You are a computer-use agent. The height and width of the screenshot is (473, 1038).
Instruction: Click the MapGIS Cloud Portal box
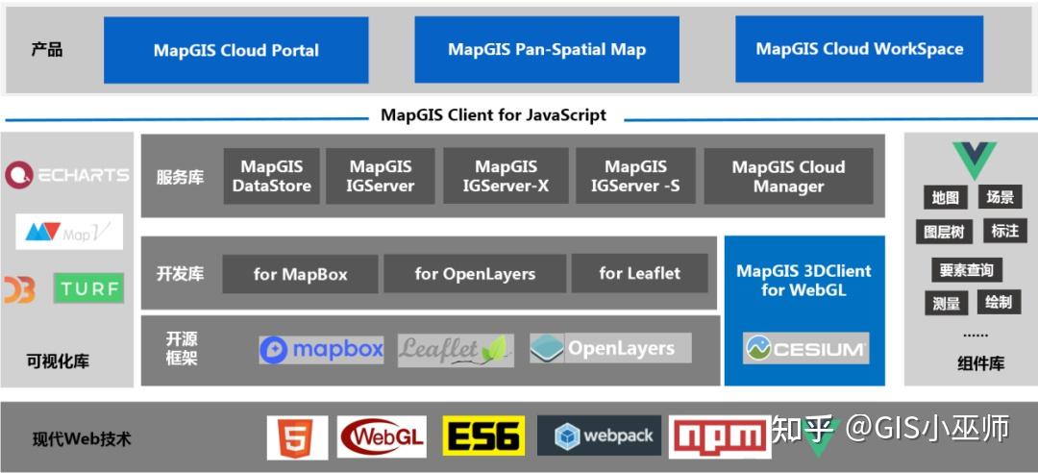coord(235,50)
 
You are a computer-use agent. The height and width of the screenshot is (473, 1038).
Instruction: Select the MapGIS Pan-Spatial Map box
coord(547,50)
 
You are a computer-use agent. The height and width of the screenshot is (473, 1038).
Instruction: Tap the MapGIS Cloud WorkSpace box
coord(859,49)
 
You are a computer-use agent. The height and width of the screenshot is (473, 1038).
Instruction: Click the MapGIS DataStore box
coord(272,176)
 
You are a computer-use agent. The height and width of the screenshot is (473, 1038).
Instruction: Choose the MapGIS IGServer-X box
coord(506,176)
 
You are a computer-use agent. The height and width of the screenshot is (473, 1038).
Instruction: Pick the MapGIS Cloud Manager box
coord(788,176)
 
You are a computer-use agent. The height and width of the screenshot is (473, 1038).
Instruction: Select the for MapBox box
coord(301,274)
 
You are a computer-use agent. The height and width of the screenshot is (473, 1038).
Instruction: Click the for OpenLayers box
coord(475,274)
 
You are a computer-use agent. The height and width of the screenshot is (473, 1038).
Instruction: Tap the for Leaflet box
coord(639,274)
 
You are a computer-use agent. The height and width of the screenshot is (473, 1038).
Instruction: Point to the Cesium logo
coord(805,348)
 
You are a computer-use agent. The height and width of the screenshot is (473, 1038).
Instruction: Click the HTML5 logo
coord(297,437)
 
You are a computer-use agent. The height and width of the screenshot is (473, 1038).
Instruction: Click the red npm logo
coord(720,437)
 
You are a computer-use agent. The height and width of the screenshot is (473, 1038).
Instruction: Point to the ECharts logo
coord(66,174)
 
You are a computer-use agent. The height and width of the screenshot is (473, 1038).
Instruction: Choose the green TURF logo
coord(88,287)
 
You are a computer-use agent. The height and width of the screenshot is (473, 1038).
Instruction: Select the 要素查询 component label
coord(966,270)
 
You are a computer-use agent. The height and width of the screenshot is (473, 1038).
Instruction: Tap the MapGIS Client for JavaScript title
coord(493,115)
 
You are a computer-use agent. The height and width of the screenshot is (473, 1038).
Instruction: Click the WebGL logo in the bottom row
coord(383,437)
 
